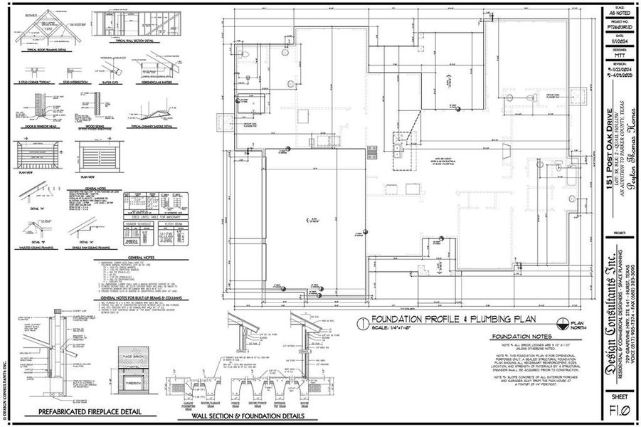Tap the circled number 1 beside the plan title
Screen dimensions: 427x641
pos(363,322)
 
